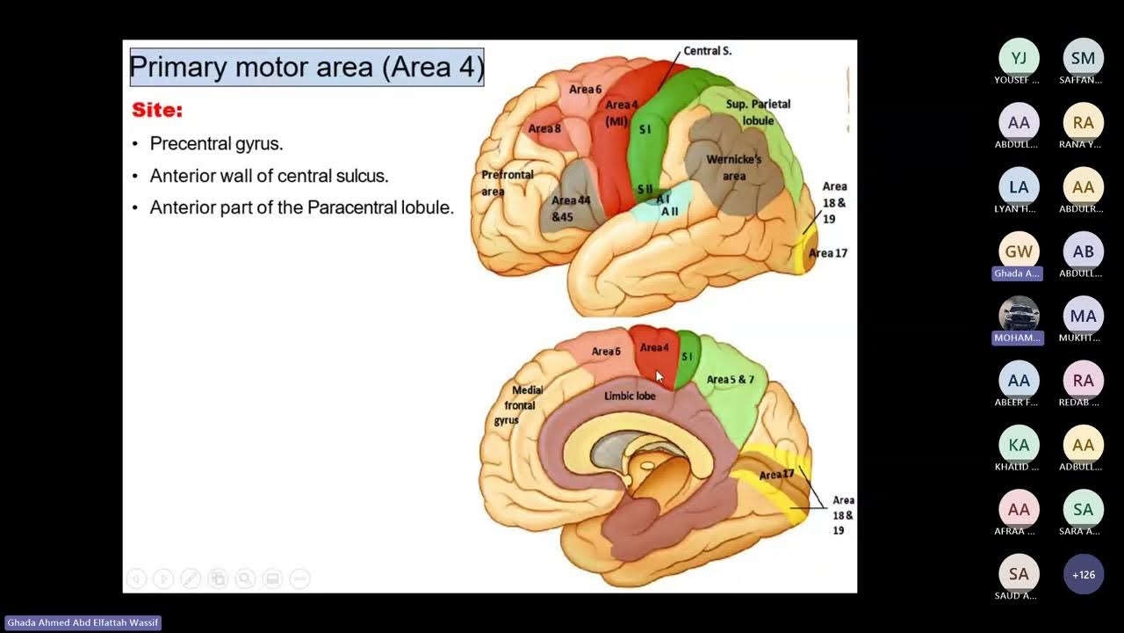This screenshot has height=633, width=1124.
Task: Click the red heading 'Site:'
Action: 157,111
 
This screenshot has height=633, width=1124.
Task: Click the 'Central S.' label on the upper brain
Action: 707,51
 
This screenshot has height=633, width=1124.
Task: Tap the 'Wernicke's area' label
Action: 734,167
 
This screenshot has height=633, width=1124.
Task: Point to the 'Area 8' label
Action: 544,128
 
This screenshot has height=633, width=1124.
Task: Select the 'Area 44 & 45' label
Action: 571,208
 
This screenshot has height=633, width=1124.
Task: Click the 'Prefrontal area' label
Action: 507,183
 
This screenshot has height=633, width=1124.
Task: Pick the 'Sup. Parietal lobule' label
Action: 758,111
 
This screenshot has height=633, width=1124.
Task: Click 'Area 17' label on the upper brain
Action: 828,253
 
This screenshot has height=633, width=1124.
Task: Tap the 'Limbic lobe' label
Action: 630,396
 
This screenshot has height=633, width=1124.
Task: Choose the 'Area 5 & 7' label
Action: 731,380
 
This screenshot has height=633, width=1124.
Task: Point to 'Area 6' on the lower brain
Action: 606,352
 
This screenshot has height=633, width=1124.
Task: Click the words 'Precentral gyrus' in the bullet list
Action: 216,143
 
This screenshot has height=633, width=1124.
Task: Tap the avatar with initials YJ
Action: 1019,58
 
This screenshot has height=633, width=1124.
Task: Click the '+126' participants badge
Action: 1083,575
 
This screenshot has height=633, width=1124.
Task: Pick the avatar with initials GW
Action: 1019,251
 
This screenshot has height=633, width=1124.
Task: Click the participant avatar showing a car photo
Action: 1019,315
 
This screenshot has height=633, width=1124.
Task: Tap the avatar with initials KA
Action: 1019,445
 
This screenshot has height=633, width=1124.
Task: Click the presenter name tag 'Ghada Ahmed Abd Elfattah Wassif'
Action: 83,622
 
